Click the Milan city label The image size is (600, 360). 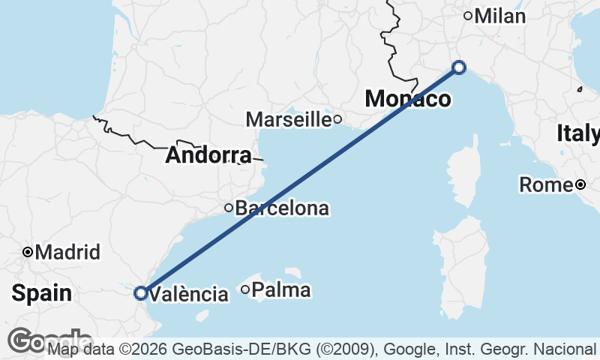(500, 16)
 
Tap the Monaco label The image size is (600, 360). (408, 98)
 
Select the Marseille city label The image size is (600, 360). (289, 118)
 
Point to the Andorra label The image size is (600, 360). (208, 155)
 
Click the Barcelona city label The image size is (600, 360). (282, 208)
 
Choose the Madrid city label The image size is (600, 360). (67, 252)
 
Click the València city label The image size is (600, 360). (189, 294)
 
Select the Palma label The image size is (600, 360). (281, 289)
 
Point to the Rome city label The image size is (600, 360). (546, 184)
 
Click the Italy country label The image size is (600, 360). (578, 133)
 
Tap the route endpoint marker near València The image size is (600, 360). (140, 293)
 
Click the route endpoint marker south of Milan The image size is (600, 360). (460, 68)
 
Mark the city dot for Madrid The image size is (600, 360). (28, 252)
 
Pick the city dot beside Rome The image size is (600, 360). (580, 184)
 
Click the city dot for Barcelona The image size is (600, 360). (229, 208)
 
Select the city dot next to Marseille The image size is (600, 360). (338, 118)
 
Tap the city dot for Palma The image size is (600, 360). (245, 289)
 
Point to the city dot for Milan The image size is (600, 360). (468, 16)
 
